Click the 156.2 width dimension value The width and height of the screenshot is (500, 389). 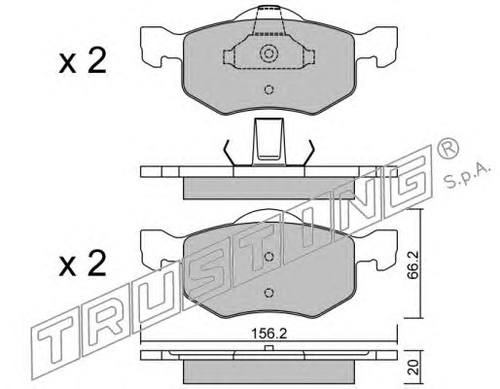[269, 334]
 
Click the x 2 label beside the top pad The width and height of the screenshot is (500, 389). [83, 60]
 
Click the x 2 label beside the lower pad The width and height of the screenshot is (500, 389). [83, 264]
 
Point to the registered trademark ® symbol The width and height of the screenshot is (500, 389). [448, 148]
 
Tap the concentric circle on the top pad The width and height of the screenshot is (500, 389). [269, 53]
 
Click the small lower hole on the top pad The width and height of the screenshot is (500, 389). [268, 89]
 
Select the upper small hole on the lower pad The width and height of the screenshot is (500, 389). [268, 257]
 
